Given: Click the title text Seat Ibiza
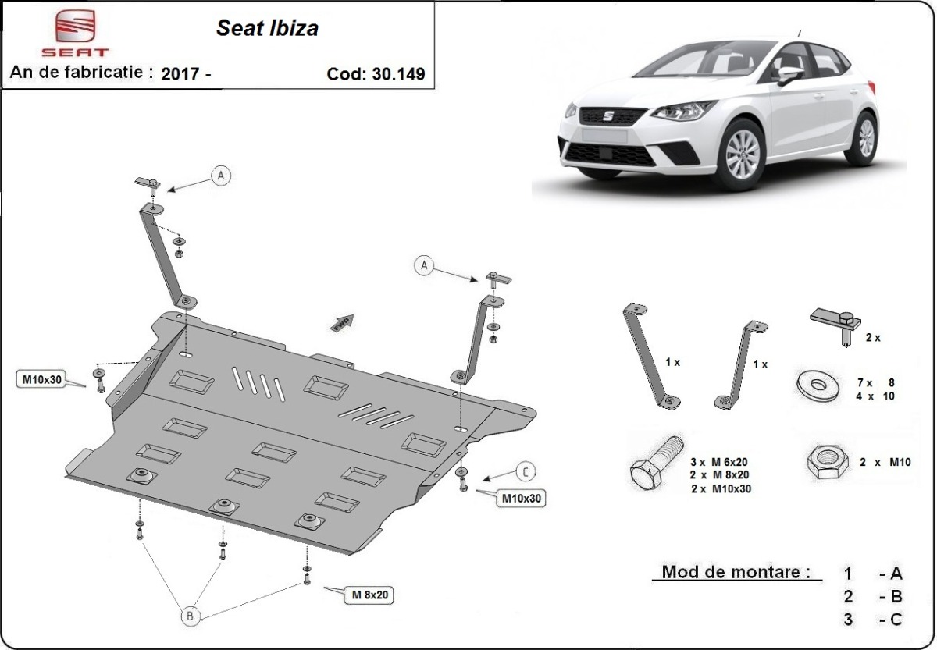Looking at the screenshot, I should (266, 29).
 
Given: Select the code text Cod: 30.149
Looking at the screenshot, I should (376, 75).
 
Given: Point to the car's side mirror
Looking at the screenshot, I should (789, 74).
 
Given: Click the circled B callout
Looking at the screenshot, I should (190, 616).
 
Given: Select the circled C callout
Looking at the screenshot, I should (526, 471).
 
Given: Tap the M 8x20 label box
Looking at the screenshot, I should (369, 595).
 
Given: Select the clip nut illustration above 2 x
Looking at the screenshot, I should (835, 321).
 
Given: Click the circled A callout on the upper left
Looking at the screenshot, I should (221, 176).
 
